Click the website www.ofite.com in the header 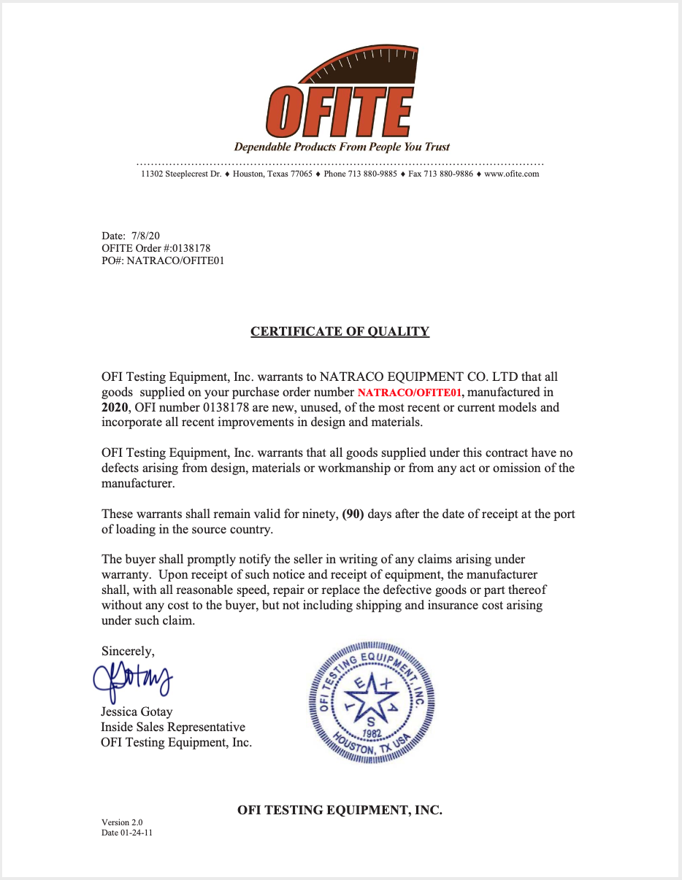coord(511,174)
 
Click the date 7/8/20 coord(146,236)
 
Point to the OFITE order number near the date coord(187,248)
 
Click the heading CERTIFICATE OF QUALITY coord(340,331)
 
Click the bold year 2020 coord(115,408)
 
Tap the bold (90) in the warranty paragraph coord(353,514)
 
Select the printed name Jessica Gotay coord(137,711)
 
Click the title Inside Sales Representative coord(173,727)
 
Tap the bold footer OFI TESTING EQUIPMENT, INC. coord(340,810)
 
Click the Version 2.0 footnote coord(117,822)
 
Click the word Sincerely coord(128,651)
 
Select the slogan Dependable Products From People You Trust coord(342,147)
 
